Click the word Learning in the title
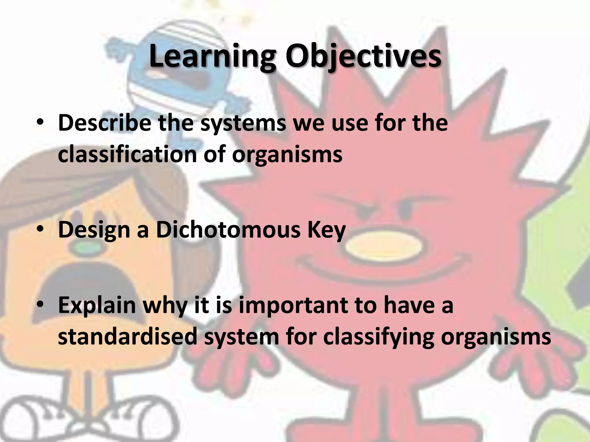(212, 56)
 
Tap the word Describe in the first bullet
(104, 123)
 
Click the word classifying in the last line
(378, 337)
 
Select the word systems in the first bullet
(243, 123)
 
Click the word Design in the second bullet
(94, 230)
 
